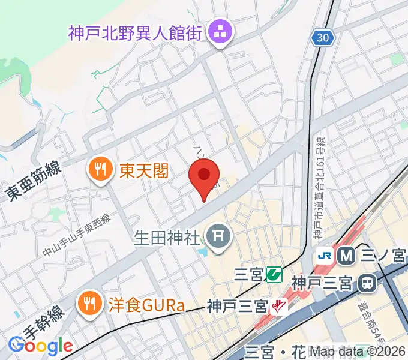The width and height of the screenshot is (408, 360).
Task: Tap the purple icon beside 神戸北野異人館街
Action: tap(217, 34)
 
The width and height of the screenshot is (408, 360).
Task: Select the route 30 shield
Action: tap(322, 38)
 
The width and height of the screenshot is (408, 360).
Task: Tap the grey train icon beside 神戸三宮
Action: tap(365, 281)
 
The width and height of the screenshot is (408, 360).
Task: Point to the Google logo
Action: tap(40, 346)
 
